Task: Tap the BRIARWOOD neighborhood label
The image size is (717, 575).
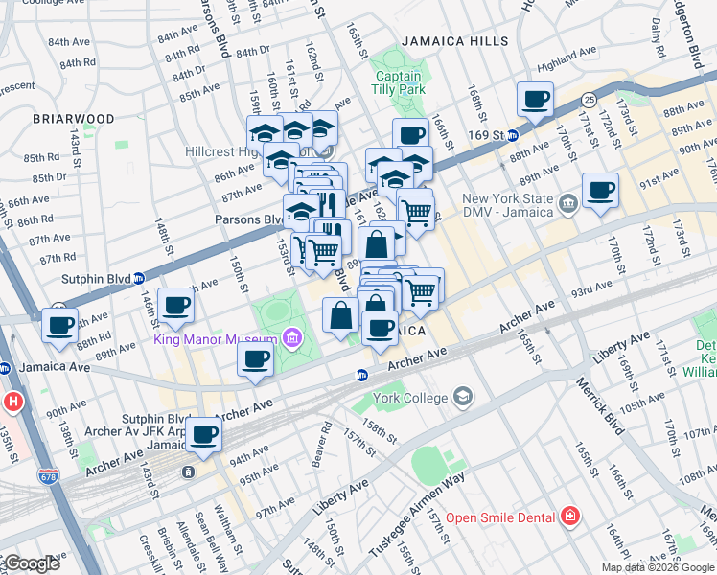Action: click(73, 119)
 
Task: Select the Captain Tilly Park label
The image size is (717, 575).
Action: click(399, 82)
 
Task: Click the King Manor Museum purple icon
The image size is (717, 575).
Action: click(291, 338)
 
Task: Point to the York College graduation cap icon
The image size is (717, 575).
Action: click(463, 397)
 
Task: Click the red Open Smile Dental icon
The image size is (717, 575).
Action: click(570, 517)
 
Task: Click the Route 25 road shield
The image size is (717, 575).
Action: click(590, 99)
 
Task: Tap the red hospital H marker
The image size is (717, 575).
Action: click(12, 401)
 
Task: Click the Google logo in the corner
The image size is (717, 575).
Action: click(31, 563)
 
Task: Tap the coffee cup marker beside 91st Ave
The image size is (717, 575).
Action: click(600, 191)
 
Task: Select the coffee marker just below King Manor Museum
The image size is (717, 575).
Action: click(255, 359)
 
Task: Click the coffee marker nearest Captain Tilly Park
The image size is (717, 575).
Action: click(410, 135)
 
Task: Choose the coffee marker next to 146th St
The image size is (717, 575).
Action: click(175, 306)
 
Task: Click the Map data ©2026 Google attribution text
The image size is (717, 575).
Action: click(658, 567)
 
